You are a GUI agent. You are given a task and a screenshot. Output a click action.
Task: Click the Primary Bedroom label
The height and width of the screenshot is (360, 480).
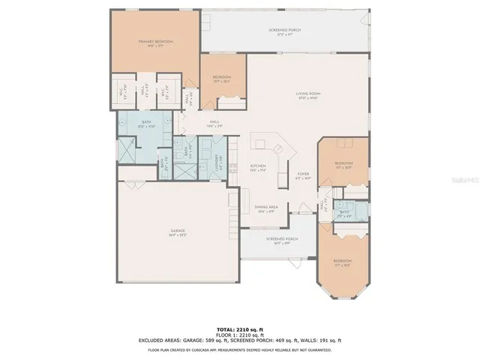pos(155,43)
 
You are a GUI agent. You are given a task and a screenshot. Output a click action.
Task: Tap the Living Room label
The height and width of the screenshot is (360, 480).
pos(309,94)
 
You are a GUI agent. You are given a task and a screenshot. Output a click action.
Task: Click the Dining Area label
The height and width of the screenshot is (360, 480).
pos(267,208)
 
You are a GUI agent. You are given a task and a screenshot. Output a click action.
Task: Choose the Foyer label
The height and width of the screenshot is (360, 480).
pos(303,176)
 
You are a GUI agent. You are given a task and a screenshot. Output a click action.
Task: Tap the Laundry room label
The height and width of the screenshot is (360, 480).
pos(218,160)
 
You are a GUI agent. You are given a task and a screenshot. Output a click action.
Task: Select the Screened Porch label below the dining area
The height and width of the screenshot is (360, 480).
pos(281,241)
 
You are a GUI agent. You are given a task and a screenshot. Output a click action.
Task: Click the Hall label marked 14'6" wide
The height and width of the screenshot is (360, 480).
pos(214,124)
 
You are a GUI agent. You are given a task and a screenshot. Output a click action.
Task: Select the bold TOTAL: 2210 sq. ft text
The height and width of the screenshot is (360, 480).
pos(239,329)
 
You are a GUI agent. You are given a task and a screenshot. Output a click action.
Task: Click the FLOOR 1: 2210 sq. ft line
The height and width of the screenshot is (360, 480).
pos(239,334)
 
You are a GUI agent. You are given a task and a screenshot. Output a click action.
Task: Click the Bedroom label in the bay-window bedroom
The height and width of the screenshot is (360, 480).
pos(342,262)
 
